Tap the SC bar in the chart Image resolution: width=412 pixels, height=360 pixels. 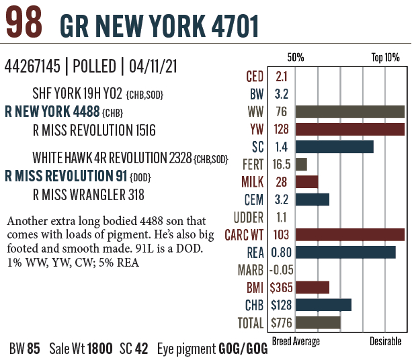333,147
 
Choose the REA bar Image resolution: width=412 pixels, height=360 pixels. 344,253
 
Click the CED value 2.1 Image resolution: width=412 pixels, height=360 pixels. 282,77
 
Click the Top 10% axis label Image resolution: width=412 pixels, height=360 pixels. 385,58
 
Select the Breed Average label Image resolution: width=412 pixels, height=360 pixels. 296,342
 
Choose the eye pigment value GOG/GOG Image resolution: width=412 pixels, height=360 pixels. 243,349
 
